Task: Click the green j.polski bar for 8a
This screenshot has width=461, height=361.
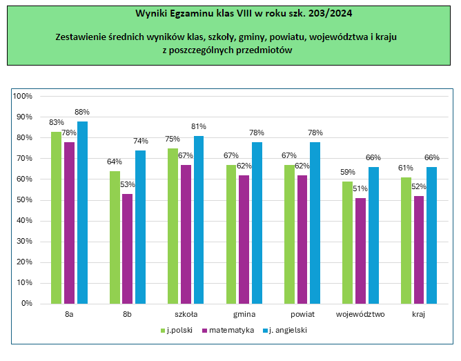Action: (56, 217)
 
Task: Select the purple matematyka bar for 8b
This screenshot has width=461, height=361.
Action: (128, 248)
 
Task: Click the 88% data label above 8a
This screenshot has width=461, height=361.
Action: (82, 112)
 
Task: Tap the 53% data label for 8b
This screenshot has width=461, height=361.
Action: (128, 184)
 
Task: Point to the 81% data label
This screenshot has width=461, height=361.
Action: (199, 126)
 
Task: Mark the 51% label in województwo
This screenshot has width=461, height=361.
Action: (360, 188)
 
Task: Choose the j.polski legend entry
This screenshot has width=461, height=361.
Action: (179, 331)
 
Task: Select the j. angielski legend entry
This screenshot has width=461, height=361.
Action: (286, 331)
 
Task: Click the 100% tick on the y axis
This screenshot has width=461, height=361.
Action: (23, 96)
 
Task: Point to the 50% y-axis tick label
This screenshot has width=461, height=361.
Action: (26, 200)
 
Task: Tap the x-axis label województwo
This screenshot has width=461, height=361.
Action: (360, 315)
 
